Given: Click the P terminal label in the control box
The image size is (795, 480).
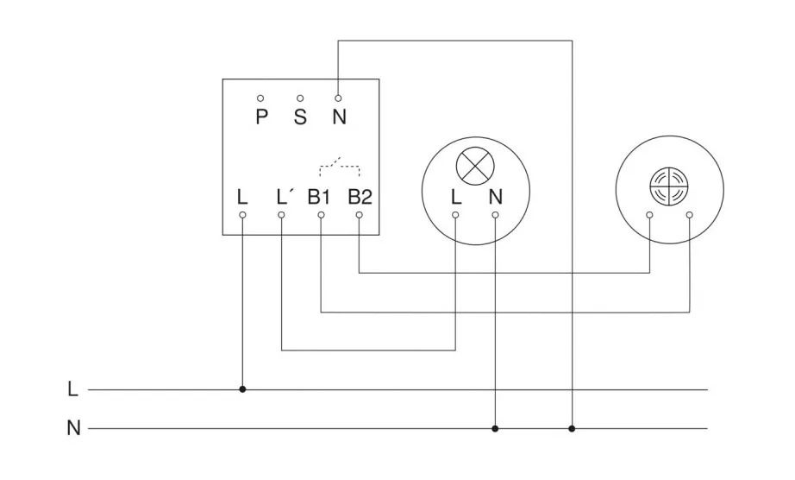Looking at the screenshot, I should (x=261, y=117).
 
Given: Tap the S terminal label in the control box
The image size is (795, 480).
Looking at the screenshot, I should (x=300, y=117).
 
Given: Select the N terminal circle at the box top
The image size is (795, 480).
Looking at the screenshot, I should (x=338, y=98).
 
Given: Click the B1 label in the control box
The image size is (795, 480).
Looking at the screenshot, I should (x=319, y=196).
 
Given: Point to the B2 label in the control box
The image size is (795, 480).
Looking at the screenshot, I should (x=360, y=196).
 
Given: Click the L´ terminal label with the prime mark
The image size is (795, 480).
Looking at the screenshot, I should (x=285, y=196).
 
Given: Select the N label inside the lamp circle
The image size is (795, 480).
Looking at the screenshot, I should (x=495, y=196).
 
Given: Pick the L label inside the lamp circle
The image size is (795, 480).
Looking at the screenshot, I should (x=455, y=196).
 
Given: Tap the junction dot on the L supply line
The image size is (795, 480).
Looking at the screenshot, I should (x=242, y=389).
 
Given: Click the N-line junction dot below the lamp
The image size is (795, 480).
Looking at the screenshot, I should (x=495, y=428).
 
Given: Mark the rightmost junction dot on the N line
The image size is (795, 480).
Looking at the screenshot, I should (x=572, y=428).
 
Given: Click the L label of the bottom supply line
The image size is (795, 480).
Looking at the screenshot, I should (x=72, y=389).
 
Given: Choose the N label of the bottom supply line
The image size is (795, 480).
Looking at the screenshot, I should (x=73, y=428).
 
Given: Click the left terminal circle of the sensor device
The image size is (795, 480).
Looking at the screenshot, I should (x=649, y=213).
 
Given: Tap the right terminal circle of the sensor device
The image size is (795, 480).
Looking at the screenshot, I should (x=689, y=213).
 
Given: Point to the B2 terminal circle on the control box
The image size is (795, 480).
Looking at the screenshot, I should (x=360, y=213).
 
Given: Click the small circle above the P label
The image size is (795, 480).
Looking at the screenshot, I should (x=260, y=98).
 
